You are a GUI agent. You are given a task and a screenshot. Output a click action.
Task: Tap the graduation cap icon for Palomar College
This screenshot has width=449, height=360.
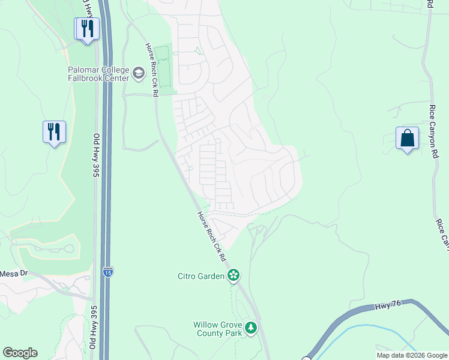(139, 73)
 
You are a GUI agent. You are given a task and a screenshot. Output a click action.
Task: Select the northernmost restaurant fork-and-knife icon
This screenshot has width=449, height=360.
(87, 28)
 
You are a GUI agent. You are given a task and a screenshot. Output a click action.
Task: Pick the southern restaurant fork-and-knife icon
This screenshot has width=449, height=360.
(54, 131)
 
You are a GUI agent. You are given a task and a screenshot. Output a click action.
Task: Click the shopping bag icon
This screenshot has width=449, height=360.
(407, 138)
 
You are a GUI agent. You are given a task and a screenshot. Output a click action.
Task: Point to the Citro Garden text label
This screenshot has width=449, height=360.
(201, 276)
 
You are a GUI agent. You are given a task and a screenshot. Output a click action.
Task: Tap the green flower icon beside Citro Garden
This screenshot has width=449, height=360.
(234, 276)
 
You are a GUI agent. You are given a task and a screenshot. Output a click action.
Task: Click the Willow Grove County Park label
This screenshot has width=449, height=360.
(217, 329)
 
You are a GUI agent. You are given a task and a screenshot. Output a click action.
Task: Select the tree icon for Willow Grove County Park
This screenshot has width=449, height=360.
(250, 328)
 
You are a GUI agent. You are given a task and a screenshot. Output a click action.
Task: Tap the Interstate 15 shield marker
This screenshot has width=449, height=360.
(107, 271)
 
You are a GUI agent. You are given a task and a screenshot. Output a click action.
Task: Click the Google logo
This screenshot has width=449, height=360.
(20, 353)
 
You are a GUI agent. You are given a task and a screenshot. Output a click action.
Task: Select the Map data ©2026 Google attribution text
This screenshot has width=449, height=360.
(412, 355)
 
